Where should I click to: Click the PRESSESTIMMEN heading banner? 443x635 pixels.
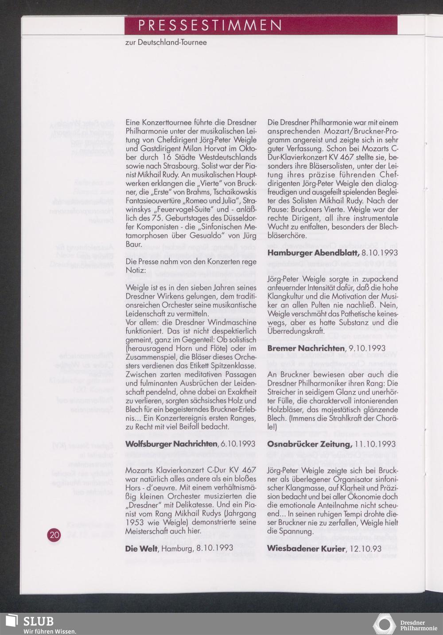click(x=261, y=25)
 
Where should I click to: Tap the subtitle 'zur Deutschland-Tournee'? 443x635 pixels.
click(x=166, y=43)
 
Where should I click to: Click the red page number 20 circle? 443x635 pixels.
click(x=54, y=535)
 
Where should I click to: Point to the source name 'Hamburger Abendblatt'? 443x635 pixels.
click(x=313, y=253)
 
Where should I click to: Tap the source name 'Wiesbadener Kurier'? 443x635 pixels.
click(x=306, y=549)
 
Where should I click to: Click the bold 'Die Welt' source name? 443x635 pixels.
click(x=142, y=549)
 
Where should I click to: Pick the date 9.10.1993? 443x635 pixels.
click(x=367, y=348)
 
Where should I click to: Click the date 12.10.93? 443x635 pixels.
click(x=365, y=549)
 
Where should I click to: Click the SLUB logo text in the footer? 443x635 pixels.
click(x=38, y=621)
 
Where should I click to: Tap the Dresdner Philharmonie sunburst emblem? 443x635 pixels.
click(x=384, y=624)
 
